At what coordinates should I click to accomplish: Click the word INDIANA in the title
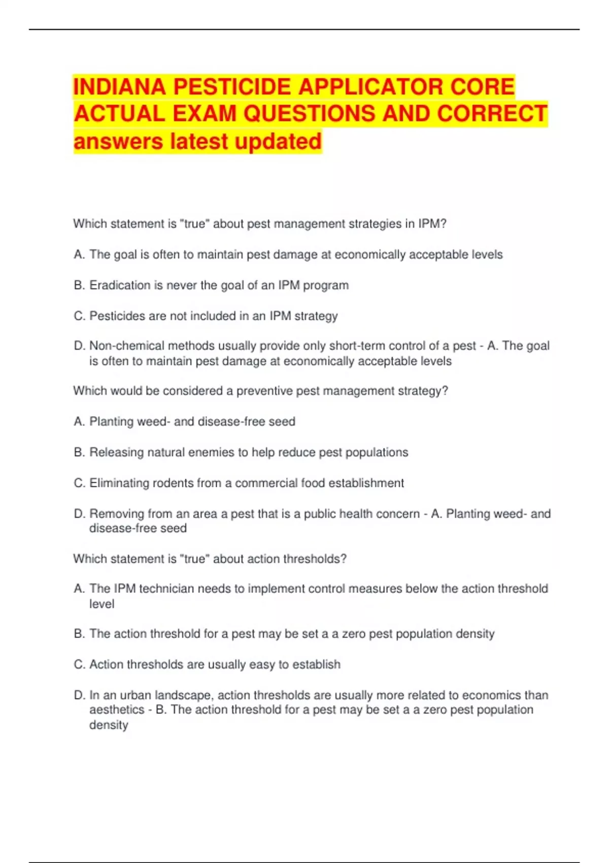point(119,87)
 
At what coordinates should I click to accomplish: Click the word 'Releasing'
point(116,452)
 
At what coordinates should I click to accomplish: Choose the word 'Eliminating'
point(120,483)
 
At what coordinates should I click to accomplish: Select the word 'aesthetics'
point(117,710)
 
